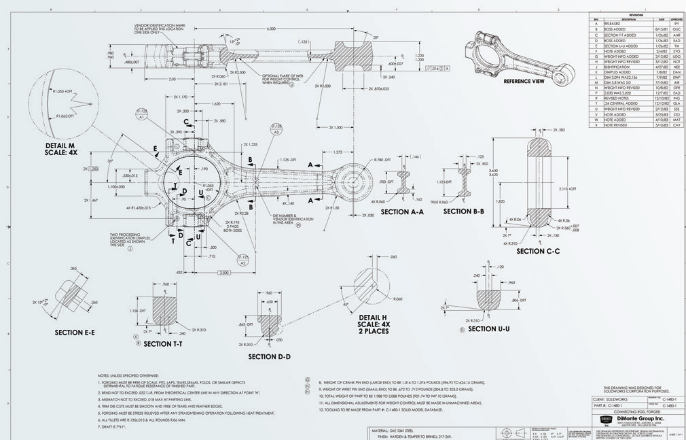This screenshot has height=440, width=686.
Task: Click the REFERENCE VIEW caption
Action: (x=524, y=81)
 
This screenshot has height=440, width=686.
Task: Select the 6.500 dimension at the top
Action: (x=272, y=29)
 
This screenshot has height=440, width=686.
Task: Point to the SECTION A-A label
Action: (x=402, y=212)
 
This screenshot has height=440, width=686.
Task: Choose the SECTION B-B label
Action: (x=463, y=211)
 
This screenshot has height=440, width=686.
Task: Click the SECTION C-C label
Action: (x=538, y=251)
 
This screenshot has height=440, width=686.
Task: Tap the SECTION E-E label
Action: (x=75, y=333)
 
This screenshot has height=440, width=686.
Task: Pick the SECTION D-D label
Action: (x=269, y=356)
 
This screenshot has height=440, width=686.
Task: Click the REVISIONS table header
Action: (x=636, y=14)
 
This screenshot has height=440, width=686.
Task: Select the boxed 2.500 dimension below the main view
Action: (x=223, y=273)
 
